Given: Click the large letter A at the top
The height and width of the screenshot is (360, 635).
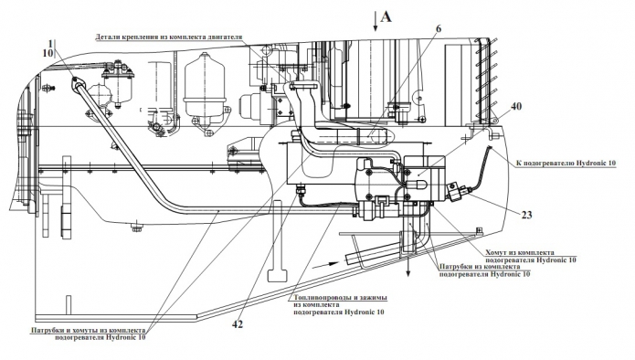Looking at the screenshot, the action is [386, 16].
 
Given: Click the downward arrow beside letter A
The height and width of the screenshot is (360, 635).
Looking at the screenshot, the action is [376, 21].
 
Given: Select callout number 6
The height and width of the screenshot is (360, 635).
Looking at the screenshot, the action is [439, 28].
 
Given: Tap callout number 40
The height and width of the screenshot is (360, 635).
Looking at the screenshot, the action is [516, 106].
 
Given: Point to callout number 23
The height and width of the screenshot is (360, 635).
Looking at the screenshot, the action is [526, 214].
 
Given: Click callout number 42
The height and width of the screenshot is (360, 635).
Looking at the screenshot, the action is [238, 324].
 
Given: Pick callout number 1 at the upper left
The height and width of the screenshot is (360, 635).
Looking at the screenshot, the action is [50, 43].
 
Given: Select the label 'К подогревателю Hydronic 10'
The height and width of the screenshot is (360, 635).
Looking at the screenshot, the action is [566, 164].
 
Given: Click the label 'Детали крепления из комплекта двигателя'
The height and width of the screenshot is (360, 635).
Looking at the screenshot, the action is [168, 37].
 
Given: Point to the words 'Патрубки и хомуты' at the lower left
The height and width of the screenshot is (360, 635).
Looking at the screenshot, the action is [61, 330].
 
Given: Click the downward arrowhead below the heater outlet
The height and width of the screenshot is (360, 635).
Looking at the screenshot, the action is [408, 273].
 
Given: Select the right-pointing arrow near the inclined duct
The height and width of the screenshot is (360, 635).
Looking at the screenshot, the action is [327, 264].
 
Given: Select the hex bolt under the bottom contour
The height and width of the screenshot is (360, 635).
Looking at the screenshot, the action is [137, 228].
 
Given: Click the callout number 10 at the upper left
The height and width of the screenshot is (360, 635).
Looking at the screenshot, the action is [48, 53].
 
